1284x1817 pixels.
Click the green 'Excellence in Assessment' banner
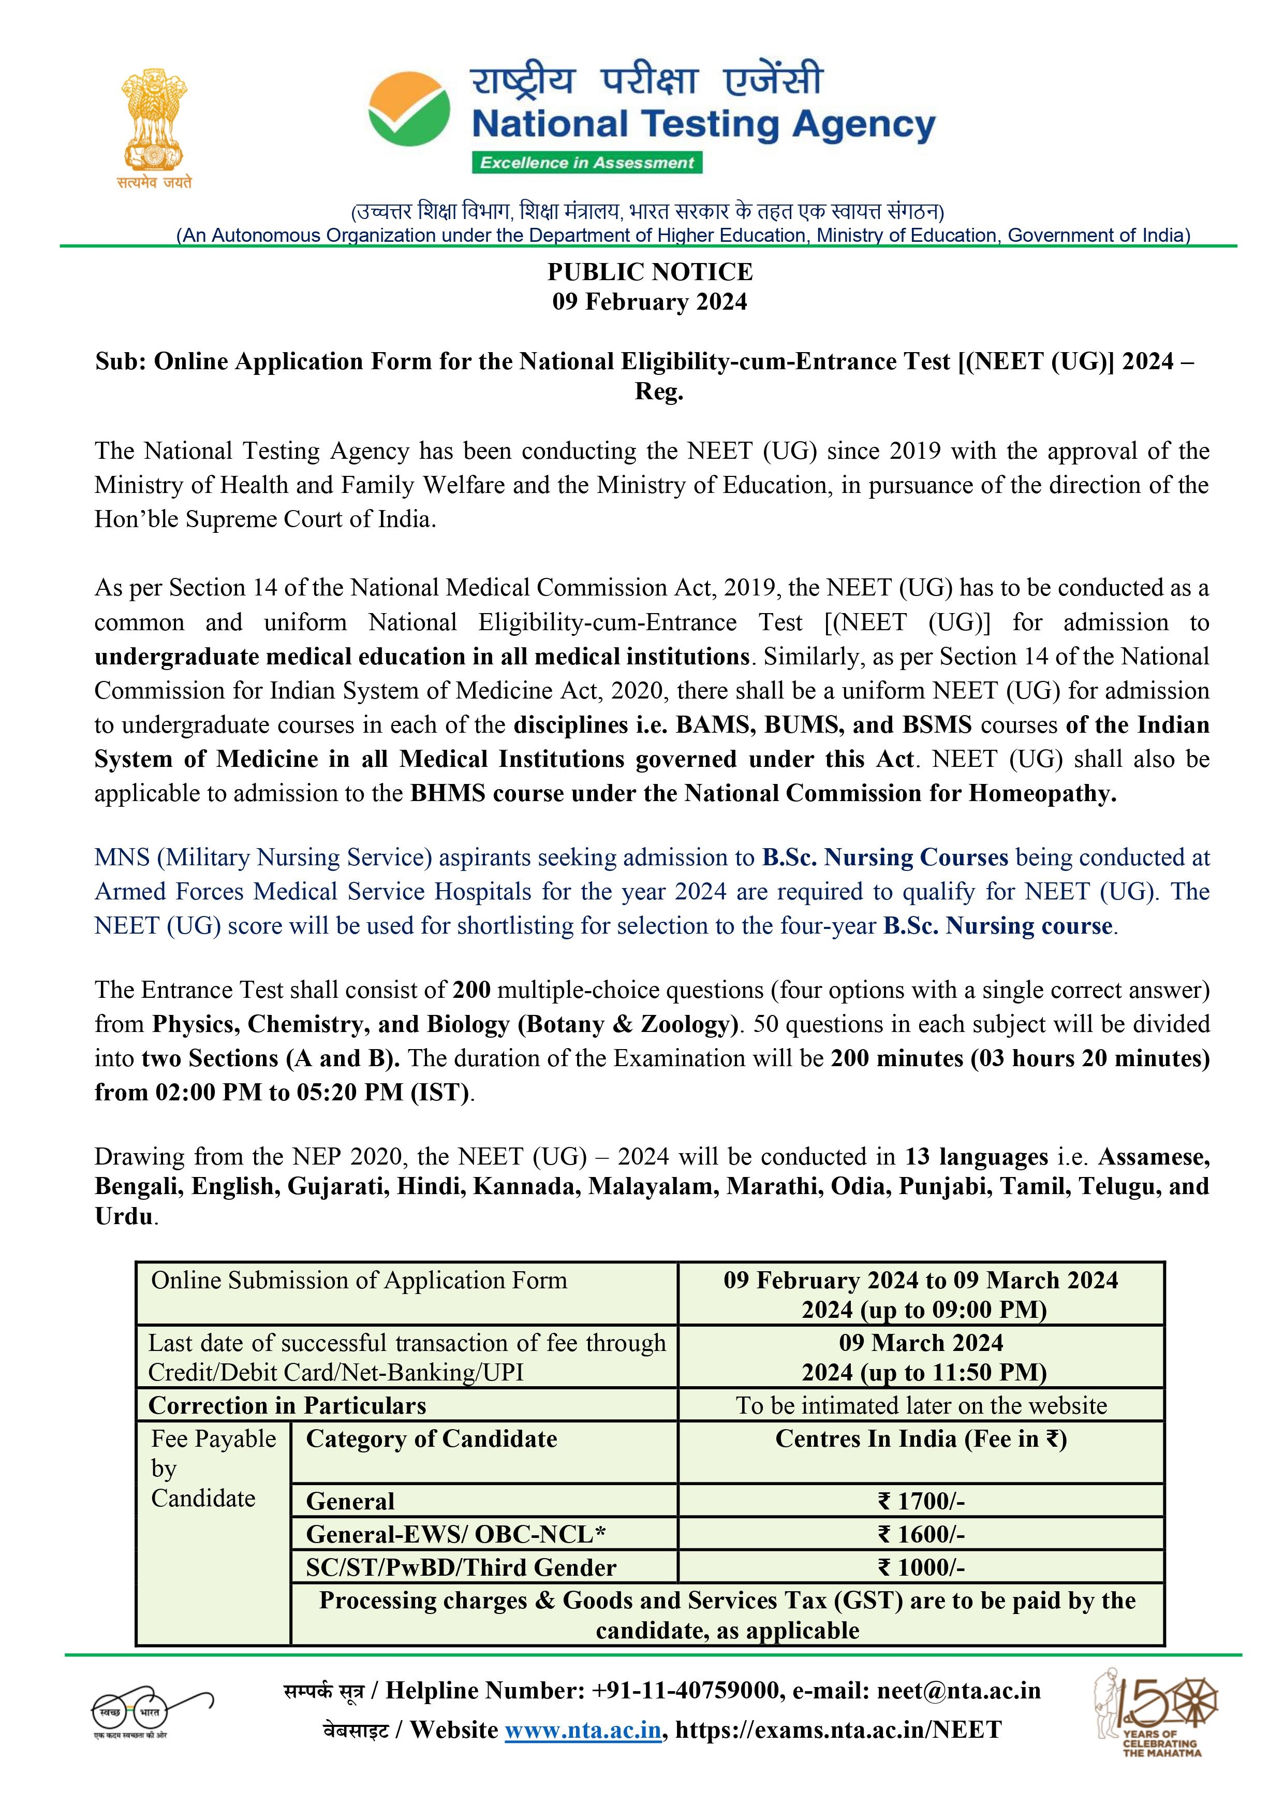point(587,163)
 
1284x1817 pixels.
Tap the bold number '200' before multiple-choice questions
point(471,990)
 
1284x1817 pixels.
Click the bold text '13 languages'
point(976,1157)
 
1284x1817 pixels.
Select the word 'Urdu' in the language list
point(123,1216)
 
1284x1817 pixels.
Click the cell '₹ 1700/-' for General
point(921,1501)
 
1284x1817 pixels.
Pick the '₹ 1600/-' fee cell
point(921,1534)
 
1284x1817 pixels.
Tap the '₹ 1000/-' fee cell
point(921,1568)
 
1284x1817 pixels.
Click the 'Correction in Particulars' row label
point(287,1405)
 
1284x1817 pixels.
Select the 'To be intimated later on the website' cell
point(921,1405)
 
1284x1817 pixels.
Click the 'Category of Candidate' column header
point(431,1438)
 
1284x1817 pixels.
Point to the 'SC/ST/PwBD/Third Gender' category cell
point(461,1568)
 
